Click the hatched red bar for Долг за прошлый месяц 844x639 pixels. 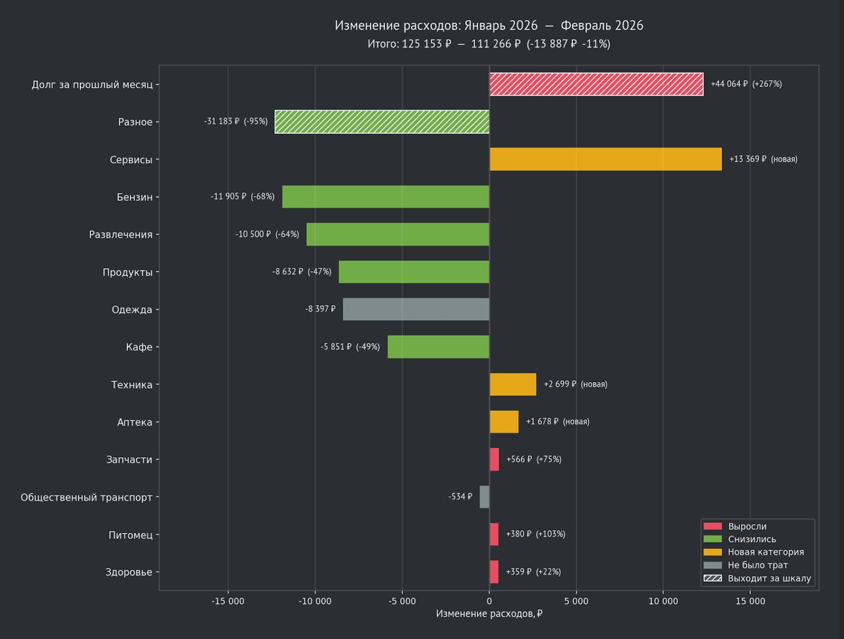pos(596,84)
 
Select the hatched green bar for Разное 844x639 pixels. pos(382,122)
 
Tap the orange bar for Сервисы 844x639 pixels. pos(605,159)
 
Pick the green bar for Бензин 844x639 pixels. pos(386,197)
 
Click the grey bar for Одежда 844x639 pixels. pos(416,310)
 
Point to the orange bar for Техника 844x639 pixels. pos(513,385)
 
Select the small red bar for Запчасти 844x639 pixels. pos(495,460)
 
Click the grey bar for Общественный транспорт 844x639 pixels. pos(485,497)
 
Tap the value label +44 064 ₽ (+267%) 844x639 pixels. pos(746,84)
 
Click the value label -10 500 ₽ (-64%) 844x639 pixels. pos(267,235)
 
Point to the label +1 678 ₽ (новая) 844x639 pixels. pos(557,422)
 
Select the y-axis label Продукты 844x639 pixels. pos(127,272)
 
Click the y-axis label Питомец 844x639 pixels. pos(131,535)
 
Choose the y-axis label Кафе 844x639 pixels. pos(139,347)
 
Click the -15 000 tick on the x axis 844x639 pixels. pos(228,601)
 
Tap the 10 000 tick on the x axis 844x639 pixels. pos(663,601)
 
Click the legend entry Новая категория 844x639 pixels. pos(765,552)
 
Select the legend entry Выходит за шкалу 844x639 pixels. pos(769,578)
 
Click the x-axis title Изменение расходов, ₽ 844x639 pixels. pos(489,614)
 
